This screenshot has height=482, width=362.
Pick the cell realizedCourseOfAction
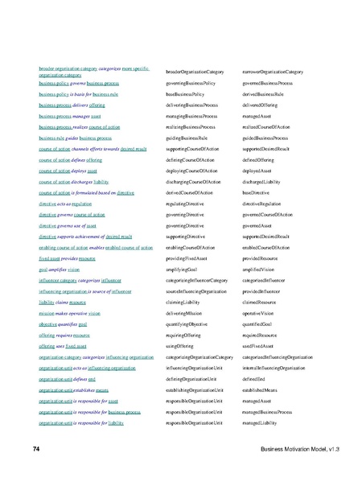pyautogui.click(x=265, y=127)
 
